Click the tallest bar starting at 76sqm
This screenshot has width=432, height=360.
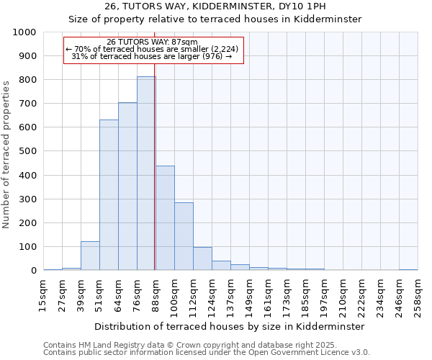146,173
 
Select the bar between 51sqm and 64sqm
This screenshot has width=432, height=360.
109,194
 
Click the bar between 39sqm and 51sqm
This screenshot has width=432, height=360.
90,256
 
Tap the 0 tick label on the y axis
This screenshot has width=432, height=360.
33,271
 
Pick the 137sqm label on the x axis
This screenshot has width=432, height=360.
230,294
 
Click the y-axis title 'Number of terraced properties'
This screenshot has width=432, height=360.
7,154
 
